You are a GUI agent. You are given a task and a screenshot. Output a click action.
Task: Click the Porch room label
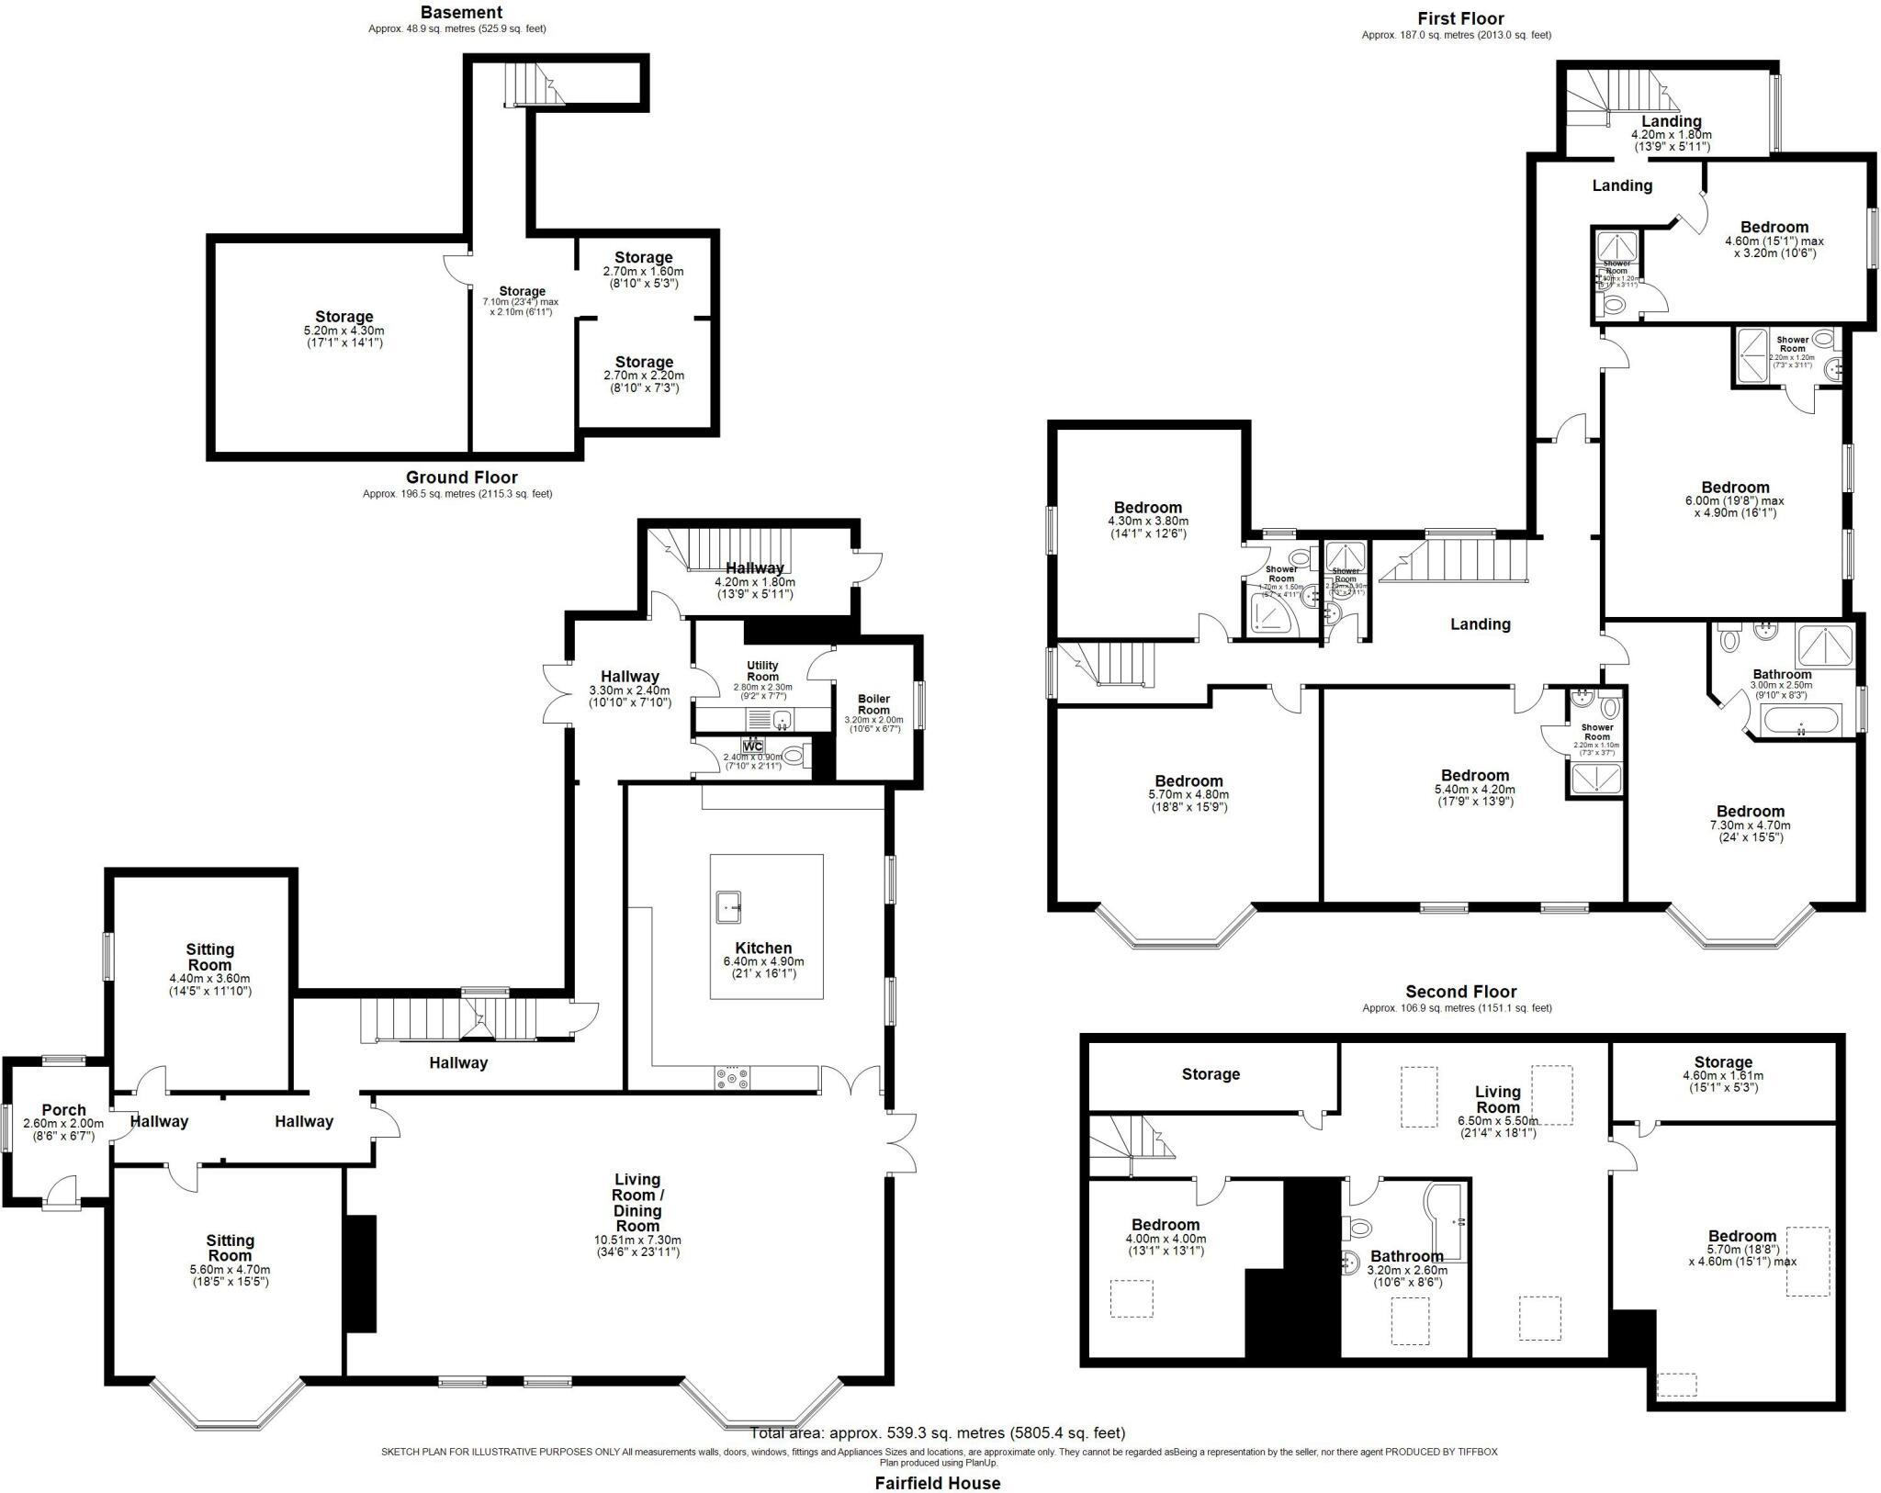coord(63,1110)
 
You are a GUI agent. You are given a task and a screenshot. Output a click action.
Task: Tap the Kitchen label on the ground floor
coord(763,949)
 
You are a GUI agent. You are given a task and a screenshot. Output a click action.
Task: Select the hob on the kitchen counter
coord(731,1078)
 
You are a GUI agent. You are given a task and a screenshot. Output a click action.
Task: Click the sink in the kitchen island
coord(731,907)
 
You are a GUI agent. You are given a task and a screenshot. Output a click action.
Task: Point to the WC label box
coord(753,746)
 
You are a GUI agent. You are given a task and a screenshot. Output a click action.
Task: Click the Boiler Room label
coord(873,704)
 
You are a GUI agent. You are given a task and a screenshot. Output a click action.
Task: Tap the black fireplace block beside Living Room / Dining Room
coord(360,1274)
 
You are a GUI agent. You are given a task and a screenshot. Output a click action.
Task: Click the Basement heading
coord(461,13)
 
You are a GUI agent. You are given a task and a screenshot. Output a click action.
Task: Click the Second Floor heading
coord(1460,992)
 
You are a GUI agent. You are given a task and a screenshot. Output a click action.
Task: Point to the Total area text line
coord(937,1432)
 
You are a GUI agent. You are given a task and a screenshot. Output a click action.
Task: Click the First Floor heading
coord(1460,18)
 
